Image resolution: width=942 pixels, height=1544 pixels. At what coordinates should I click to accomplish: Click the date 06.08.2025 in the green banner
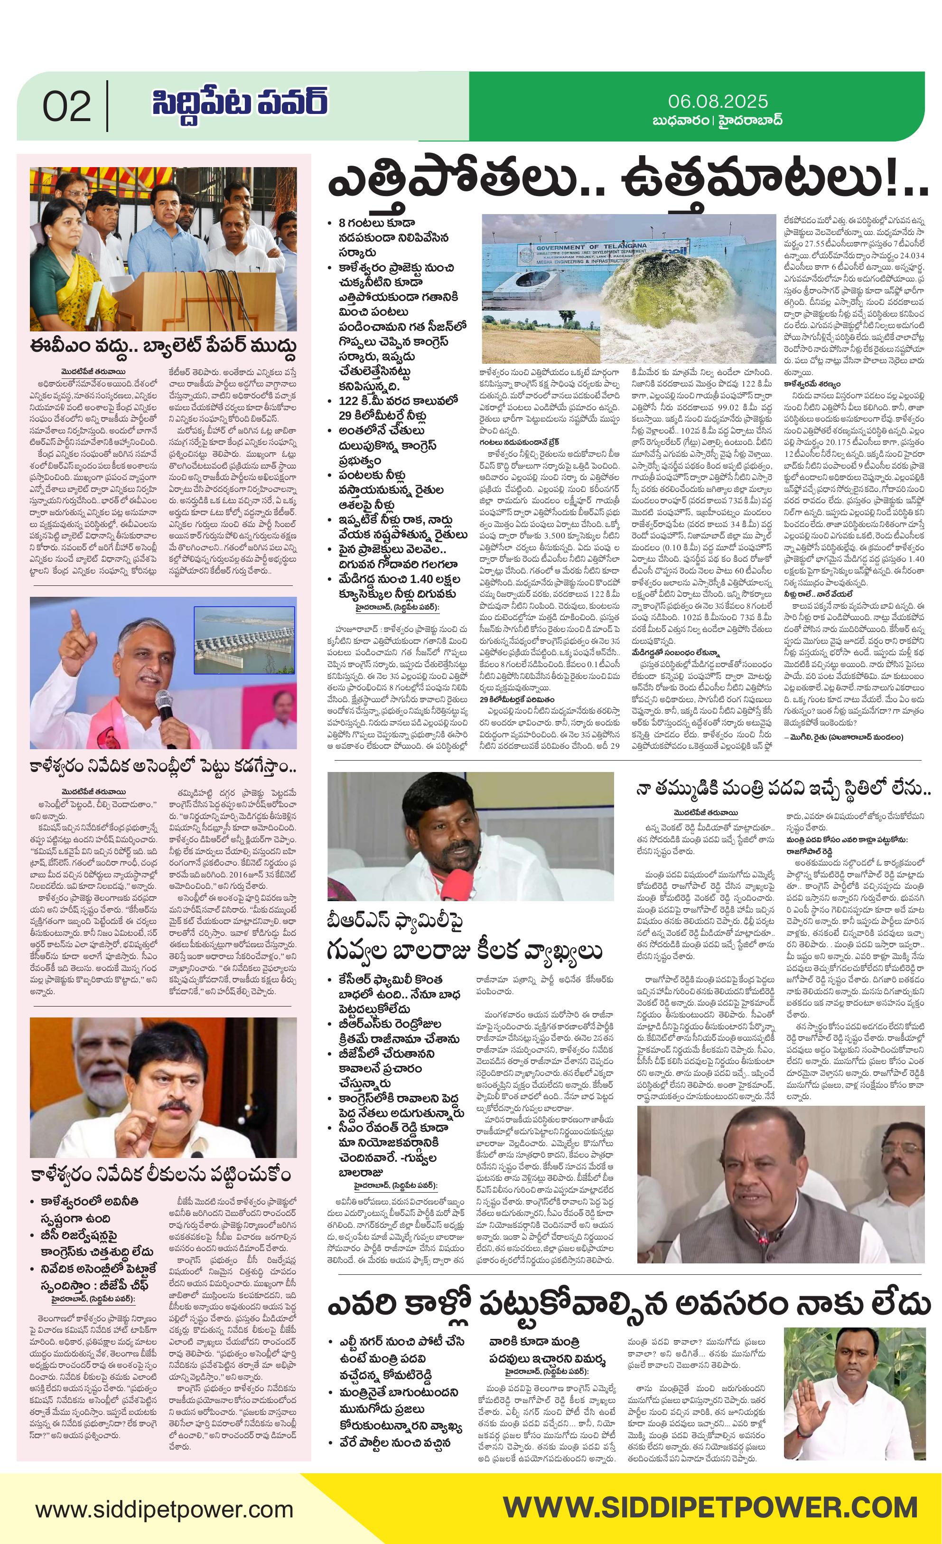click(717, 101)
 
